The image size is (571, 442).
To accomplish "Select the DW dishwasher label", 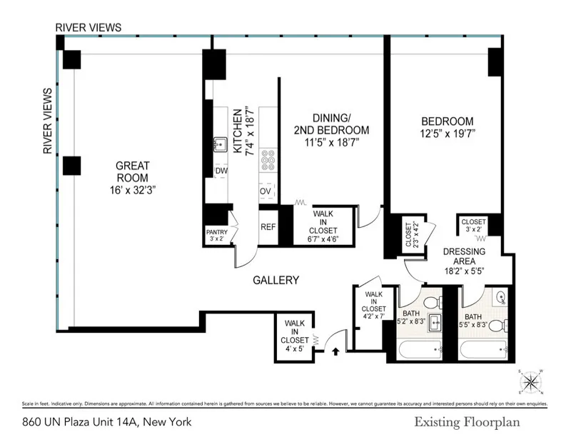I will (221, 171).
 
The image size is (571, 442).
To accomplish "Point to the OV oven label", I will (266, 191).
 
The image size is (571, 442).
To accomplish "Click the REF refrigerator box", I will (268, 227).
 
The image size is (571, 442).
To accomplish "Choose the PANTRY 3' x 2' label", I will (216, 236).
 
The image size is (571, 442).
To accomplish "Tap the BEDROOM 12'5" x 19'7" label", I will (447, 127).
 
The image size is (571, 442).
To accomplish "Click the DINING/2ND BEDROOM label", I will (330, 130).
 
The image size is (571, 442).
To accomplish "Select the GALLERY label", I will (276, 281).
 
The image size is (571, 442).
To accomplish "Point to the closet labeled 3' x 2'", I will (473, 225).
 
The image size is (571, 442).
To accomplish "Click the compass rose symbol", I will (531, 382).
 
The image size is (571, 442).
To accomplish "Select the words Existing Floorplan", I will (467, 422).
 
